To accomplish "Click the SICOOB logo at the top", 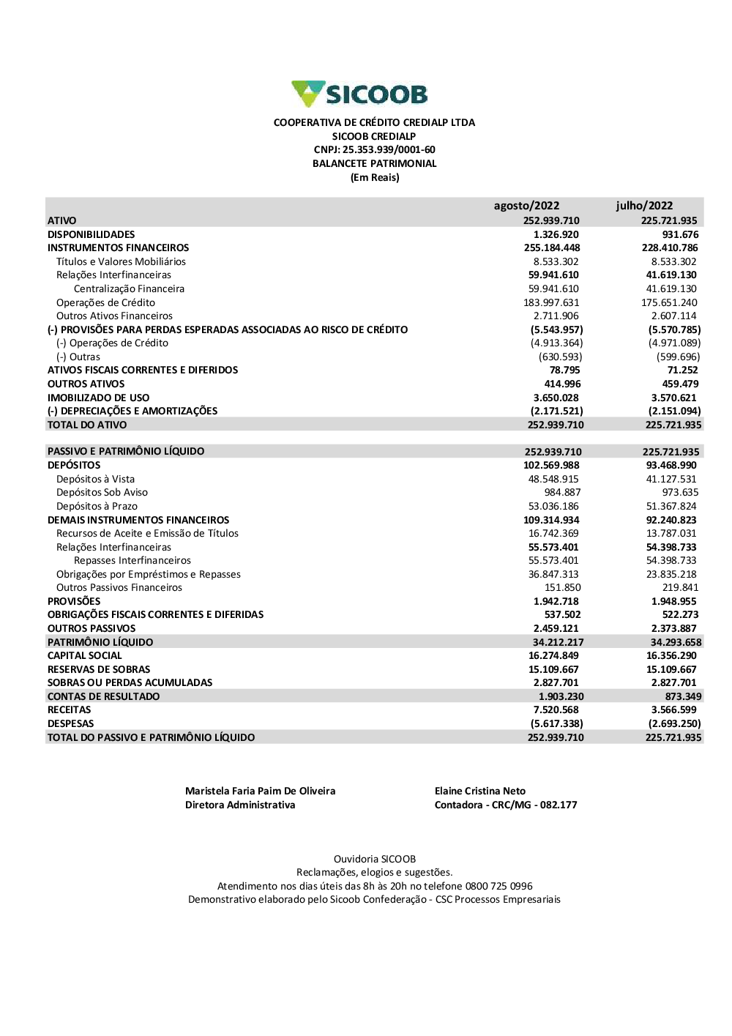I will click(x=359, y=94).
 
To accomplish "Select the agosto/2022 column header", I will click(x=526, y=206).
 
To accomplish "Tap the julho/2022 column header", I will click(x=644, y=206).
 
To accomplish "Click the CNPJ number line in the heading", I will click(x=374, y=150).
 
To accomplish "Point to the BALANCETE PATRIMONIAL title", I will click(x=374, y=164).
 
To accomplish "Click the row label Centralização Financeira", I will click(x=129, y=289).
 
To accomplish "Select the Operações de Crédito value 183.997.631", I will click(x=553, y=303).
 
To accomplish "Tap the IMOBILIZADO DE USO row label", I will click(x=98, y=398).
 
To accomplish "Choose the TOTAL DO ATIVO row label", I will click(x=87, y=425).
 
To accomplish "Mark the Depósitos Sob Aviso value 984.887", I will click(x=561, y=493).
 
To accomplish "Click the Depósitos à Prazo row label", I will click(x=97, y=507).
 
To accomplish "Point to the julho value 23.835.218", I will click(x=671, y=575).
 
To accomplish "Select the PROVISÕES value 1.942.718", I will click(x=556, y=602).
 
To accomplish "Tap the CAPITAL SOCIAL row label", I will click(x=85, y=656).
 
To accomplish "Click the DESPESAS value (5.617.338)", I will click(x=556, y=724).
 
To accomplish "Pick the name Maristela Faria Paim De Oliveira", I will click(x=260, y=791).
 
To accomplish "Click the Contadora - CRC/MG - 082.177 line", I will click(x=506, y=805).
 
